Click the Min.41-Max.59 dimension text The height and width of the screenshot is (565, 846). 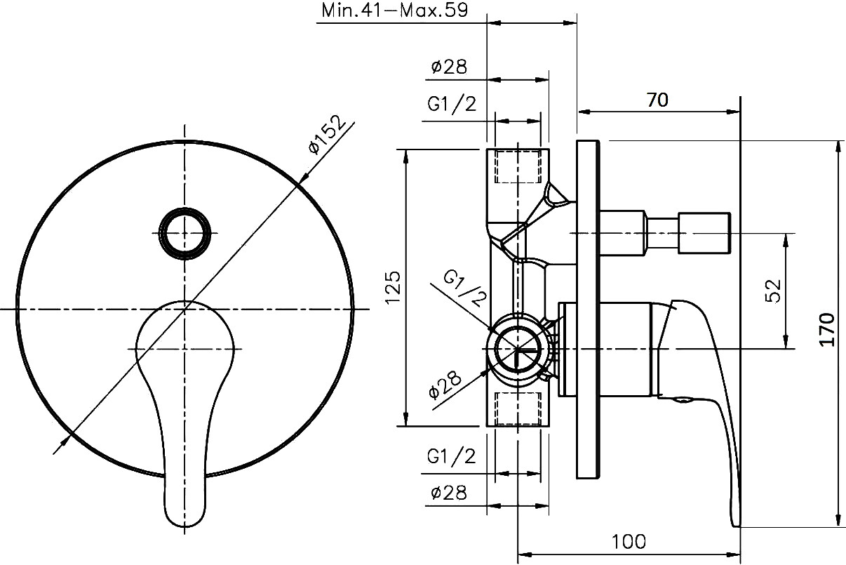click(x=395, y=11)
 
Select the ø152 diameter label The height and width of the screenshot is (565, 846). click(x=327, y=135)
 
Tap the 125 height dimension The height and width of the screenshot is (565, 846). click(x=393, y=288)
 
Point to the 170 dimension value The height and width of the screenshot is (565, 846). click(x=827, y=329)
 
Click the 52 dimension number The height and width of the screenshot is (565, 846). click(x=773, y=291)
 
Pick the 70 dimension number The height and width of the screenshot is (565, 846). click(x=657, y=100)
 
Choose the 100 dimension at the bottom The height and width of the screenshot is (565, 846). click(x=629, y=542)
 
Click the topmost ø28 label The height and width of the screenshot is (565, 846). click(x=449, y=67)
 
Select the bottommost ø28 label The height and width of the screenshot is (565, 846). click(x=449, y=493)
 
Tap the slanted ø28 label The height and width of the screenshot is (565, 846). click(x=445, y=385)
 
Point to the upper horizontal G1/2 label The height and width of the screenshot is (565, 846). click(x=452, y=104)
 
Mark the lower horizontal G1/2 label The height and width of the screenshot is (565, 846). click(x=451, y=456)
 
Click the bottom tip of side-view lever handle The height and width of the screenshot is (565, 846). click(x=736, y=526)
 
